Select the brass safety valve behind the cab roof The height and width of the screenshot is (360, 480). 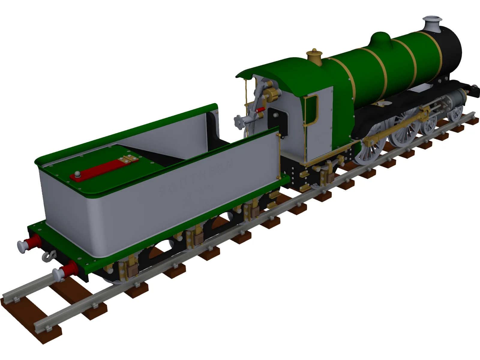(314, 57)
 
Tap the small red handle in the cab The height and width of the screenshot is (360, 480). (260, 110)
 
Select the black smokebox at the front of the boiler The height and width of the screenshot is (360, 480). (450, 51)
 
